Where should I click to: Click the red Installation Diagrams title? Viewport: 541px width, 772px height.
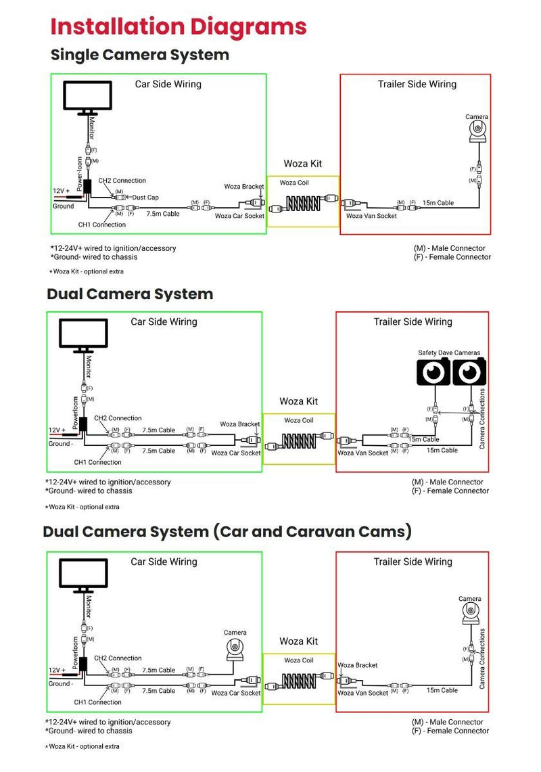179,27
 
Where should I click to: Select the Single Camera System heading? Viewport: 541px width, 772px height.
140,55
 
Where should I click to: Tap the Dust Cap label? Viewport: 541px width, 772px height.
145,198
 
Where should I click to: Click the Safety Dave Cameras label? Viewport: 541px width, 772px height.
449,353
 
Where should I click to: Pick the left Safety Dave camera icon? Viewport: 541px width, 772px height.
433,373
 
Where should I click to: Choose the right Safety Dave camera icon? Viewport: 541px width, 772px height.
469,373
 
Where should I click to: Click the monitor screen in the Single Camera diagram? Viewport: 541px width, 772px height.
89,95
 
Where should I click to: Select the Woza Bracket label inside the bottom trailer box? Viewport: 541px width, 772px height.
358,665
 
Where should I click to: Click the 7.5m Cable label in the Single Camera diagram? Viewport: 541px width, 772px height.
162,214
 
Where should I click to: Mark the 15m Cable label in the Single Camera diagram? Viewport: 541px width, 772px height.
438,203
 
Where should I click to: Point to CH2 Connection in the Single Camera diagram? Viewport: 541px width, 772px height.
122,181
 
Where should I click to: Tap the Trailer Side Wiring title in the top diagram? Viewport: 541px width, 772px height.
417,85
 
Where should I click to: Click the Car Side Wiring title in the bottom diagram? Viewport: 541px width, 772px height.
164,562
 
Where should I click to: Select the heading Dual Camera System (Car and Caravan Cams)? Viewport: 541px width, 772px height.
227,532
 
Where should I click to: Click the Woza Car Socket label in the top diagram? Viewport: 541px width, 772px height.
239,217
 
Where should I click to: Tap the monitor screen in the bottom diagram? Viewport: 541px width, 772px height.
83,574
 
